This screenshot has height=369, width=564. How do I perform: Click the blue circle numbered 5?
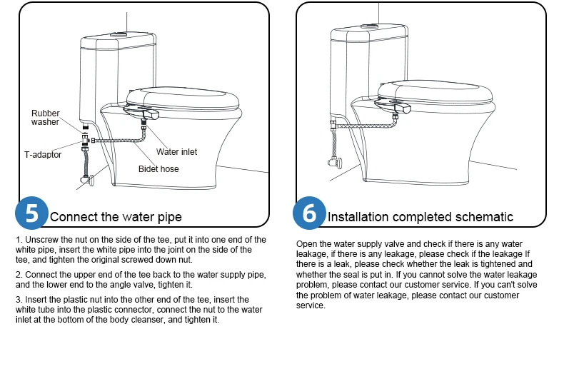pyautogui.click(x=31, y=213)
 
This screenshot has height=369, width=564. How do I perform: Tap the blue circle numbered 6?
pyautogui.click(x=308, y=213)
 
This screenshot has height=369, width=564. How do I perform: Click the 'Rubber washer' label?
pyautogui.click(x=45, y=118)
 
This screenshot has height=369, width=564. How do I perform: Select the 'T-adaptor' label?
pyautogui.click(x=38, y=154)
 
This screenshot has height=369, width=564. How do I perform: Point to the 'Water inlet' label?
pyautogui.click(x=176, y=152)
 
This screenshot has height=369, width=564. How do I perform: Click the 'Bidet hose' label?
pyautogui.click(x=158, y=169)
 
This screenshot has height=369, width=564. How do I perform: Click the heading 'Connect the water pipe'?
pyautogui.click(x=116, y=217)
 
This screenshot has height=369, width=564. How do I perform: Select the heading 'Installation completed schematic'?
pyautogui.click(x=420, y=217)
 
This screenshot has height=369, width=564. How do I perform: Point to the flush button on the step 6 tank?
pyautogui.click(x=370, y=27)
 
